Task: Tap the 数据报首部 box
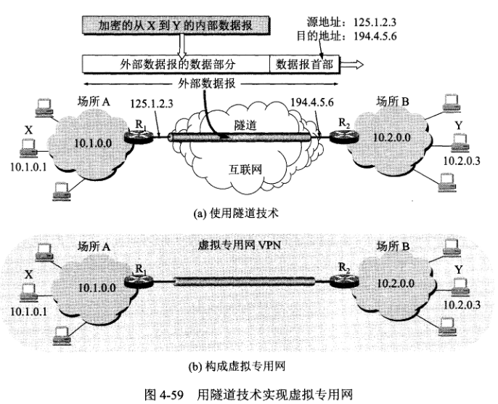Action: click(304, 64)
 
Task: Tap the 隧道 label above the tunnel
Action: click(242, 125)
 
